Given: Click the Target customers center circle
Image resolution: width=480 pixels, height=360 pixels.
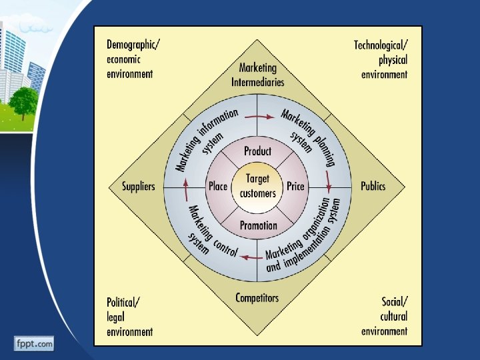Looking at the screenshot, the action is click(257, 186).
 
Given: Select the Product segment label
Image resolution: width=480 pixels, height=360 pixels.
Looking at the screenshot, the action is click(257, 151).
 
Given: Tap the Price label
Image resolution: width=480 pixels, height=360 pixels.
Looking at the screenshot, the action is click(295, 187).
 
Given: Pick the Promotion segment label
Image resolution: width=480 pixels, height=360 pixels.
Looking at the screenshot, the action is click(258, 225).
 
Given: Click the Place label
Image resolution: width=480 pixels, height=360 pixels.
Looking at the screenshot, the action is click(218, 187).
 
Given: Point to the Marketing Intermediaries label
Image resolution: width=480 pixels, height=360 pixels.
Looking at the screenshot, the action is click(258, 75).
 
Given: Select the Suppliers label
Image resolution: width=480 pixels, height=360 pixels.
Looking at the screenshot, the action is click(138, 187).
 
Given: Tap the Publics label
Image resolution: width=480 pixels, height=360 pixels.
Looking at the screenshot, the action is click(373, 186).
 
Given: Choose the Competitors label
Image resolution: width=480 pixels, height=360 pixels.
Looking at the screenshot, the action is click(257, 298).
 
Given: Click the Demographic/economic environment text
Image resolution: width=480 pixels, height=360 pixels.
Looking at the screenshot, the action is click(133, 59).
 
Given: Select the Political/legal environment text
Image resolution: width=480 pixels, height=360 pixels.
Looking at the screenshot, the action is click(129, 316).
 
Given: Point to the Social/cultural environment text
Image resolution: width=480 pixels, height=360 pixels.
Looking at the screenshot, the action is click(385, 316).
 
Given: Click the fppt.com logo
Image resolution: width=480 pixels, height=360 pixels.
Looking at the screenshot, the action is click(33, 344).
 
